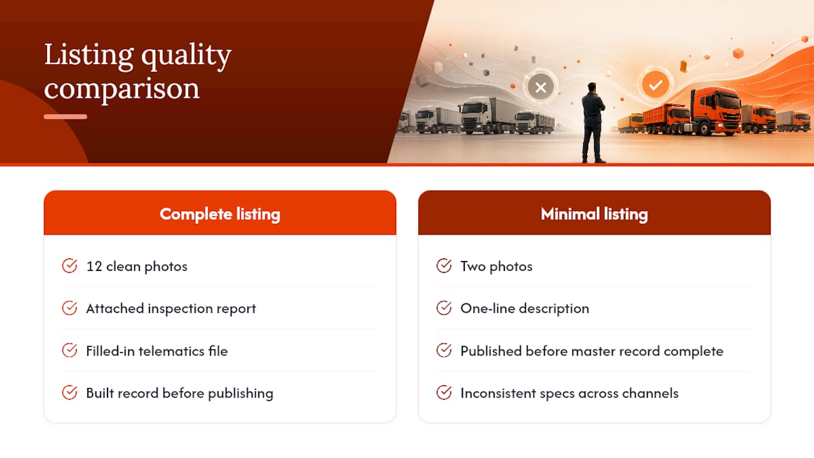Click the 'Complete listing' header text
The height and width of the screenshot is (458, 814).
coord(220,214)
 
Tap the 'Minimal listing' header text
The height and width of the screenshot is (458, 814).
coord(594,214)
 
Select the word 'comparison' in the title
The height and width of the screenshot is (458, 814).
coord(121,89)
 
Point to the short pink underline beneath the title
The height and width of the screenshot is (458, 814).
coord(66,116)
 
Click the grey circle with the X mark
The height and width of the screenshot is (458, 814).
coord(541,87)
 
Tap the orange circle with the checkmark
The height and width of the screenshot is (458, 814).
coord(655,85)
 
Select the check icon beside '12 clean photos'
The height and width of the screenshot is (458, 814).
coord(69,266)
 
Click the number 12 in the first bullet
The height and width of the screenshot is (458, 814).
coord(94,267)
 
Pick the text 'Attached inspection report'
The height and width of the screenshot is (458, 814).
coord(171,309)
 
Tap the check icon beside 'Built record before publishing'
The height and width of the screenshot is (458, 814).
coord(69,392)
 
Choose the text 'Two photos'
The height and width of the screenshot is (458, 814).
coord(497,267)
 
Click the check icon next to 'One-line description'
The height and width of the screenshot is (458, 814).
coord(444,309)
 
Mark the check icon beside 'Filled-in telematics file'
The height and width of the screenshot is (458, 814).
coord(69,350)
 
